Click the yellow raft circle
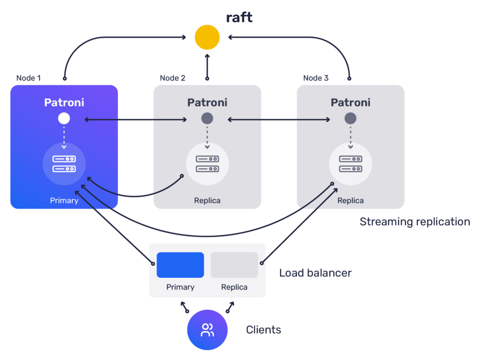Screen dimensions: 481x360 [207, 37]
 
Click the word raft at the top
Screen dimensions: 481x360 [239, 17]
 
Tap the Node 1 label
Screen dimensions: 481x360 [29, 78]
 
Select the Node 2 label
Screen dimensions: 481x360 [172, 78]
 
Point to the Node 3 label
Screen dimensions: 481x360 [316, 78]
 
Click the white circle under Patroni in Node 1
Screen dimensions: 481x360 [64, 118]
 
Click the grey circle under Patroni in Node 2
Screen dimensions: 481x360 [207, 118]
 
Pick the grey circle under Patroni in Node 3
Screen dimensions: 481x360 [350, 118]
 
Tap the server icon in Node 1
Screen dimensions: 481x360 [64, 164]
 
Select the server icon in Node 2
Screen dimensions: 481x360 [207, 164]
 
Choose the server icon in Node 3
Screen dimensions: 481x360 [350, 164]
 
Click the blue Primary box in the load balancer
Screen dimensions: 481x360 [180, 265]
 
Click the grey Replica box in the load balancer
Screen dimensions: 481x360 [234, 265]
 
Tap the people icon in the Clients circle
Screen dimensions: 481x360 [207, 330]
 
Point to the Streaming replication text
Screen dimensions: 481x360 [415, 222]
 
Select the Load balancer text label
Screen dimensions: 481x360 [315, 273]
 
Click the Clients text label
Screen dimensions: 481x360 [264, 329]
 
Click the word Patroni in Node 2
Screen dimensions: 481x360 [207, 102]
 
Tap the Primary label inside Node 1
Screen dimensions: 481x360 [64, 200]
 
